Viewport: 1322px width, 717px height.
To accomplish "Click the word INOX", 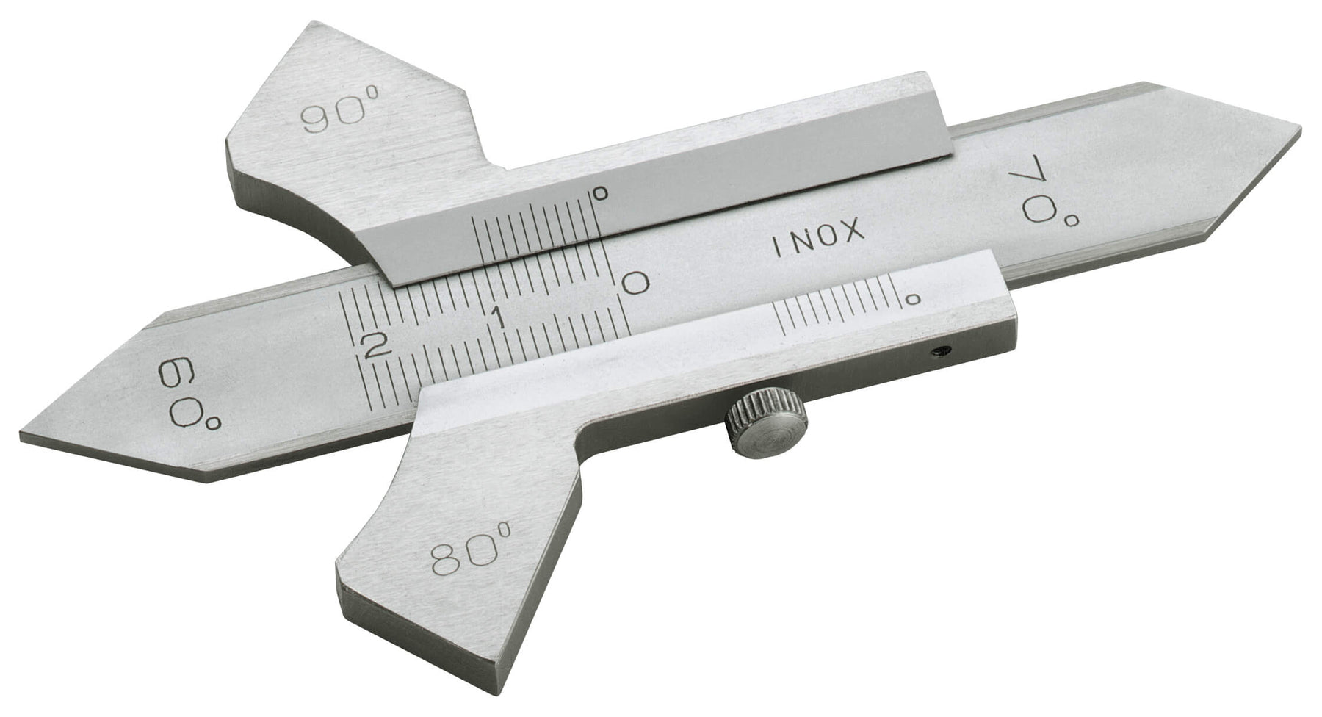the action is [817, 239].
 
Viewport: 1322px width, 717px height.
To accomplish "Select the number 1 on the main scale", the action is [497, 319].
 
